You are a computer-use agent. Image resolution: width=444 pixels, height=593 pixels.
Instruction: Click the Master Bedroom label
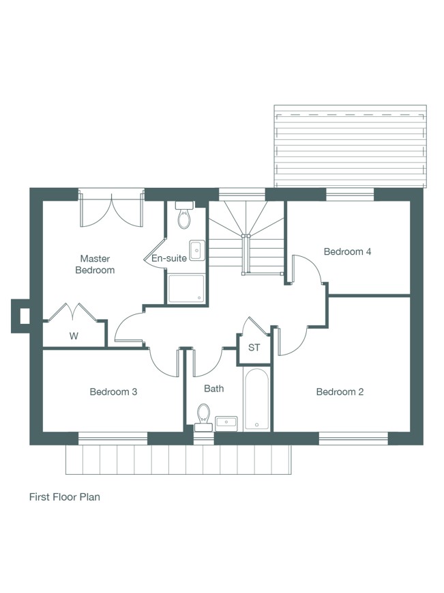(x=95, y=264)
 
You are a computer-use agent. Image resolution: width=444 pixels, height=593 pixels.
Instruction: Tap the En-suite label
(x=169, y=258)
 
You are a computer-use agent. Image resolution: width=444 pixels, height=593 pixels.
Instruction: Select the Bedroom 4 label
(x=347, y=251)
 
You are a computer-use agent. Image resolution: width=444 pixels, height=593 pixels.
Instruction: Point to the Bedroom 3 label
(x=113, y=392)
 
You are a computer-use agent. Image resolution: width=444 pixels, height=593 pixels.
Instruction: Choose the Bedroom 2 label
(x=340, y=392)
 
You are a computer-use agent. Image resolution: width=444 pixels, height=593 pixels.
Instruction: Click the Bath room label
(x=213, y=389)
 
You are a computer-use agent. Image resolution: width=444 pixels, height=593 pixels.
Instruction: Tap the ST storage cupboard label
(x=254, y=347)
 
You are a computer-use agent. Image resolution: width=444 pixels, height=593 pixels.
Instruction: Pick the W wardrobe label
(x=74, y=336)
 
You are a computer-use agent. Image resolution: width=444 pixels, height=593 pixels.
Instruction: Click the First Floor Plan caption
(x=65, y=497)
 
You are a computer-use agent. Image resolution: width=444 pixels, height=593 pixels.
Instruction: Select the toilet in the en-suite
(x=184, y=215)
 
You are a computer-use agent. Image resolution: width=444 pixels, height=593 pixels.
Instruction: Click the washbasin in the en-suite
(x=197, y=250)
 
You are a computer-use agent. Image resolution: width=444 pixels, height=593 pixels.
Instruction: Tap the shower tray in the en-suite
(x=186, y=289)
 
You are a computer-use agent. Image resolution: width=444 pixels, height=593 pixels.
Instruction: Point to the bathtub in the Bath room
(x=256, y=400)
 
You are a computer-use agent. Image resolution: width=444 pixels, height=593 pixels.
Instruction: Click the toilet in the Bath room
(x=203, y=417)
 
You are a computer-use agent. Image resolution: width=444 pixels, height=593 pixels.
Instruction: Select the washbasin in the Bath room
(x=226, y=424)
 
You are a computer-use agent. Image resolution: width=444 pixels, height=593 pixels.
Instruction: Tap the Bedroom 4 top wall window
(x=350, y=195)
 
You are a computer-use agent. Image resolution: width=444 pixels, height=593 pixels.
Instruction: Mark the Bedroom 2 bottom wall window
(x=354, y=439)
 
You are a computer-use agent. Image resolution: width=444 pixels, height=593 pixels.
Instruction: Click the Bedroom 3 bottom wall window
(x=113, y=439)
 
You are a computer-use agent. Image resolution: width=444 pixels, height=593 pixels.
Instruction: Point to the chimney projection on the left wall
(x=20, y=316)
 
